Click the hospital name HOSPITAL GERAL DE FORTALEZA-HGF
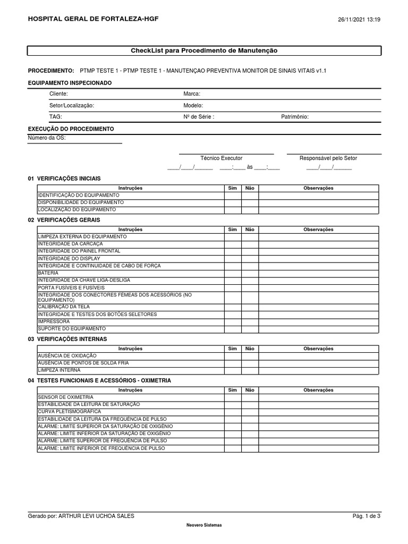click(93, 19)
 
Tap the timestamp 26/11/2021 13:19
click(359, 20)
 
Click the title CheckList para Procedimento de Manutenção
click(204, 50)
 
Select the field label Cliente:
click(58, 93)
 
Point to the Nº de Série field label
click(199, 117)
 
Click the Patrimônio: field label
click(295, 117)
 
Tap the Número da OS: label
click(47, 138)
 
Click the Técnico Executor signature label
click(221, 158)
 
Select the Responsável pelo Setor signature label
click(328, 158)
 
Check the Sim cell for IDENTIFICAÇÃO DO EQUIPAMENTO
click(232, 195)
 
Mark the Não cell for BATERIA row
click(250, 273)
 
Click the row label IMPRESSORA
click(54, 321)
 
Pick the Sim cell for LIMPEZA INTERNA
click(232, 370)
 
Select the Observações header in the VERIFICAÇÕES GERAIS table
click(318, 229)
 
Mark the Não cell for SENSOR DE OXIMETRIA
click(250, 397)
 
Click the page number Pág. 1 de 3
click(367, 516)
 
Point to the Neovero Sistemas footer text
click(204, 525)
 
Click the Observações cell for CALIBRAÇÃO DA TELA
click(318, 307)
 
